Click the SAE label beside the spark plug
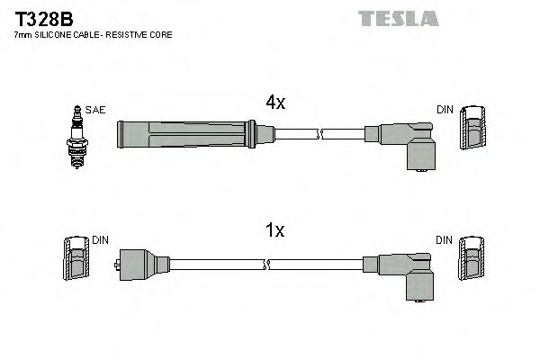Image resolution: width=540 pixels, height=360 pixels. click(x=96, y=110)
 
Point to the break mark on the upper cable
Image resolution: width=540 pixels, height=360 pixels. click(x=319, y=136)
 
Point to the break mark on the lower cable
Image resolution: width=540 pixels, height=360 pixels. click(x=266, y=265)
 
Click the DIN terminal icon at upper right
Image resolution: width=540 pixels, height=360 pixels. click(x=472, y=131)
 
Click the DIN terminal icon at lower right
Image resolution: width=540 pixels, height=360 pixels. click(x=472, y=262)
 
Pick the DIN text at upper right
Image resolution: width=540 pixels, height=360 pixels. click(x=445, y=110)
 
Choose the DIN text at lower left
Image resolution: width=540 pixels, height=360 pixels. click(x=100, y=240)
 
